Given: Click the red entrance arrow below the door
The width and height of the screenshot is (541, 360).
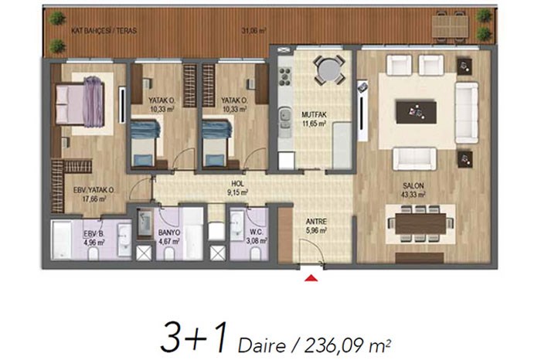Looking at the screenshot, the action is point(311,277).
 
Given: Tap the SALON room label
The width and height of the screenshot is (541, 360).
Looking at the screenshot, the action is point(413,186).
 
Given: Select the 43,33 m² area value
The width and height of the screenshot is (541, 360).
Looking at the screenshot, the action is point(413,195).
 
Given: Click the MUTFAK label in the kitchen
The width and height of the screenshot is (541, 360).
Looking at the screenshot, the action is point(314,115).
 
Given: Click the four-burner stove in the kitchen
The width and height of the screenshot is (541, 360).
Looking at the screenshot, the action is point(285,76).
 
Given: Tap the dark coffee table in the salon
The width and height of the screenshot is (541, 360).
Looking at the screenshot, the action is point(416,112).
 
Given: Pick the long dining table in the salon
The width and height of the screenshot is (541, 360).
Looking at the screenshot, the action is point(420,223).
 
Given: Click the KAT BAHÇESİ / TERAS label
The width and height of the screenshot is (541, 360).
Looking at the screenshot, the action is point(104,31).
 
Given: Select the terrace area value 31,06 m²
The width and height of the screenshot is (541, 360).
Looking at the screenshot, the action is point(253,31).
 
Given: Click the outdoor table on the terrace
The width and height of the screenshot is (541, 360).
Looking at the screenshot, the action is point(450,26).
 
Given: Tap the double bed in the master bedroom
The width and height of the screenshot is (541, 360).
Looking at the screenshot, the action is point(80,104).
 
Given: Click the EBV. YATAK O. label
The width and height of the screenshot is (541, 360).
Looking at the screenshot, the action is point(94,190).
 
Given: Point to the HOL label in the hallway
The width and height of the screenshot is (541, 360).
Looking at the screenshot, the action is point(237,184).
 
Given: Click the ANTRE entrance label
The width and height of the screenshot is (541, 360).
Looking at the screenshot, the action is point(316,222).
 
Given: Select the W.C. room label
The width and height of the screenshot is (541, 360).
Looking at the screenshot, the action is point(257,232).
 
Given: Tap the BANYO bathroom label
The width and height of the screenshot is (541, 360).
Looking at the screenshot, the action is point(169,233).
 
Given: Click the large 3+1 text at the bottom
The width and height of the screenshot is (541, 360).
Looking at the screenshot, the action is point(195,338).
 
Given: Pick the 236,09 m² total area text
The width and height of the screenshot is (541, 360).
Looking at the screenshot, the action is point(348,345).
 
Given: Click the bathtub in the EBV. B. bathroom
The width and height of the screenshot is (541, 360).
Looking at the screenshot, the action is point(61,239).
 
